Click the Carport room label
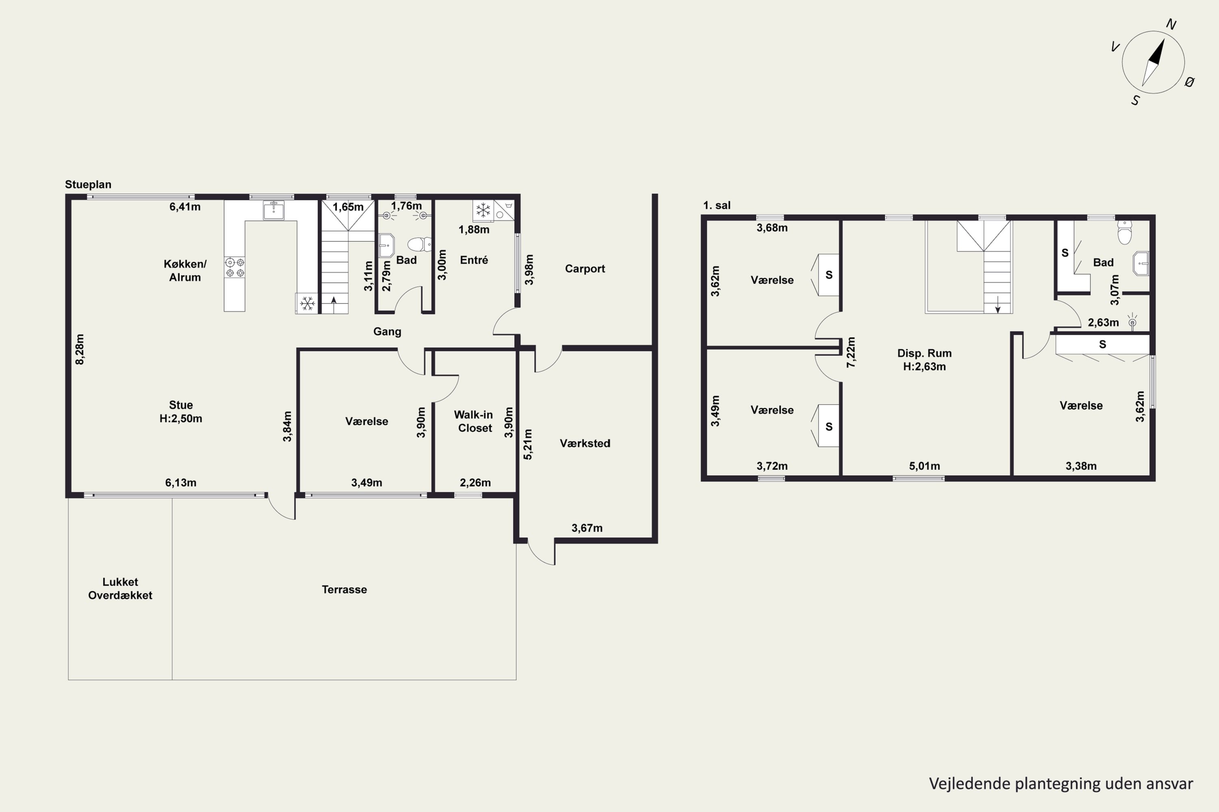point(585,269)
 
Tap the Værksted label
point(585,443)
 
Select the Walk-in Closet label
point(474,421)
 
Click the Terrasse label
point(344,590)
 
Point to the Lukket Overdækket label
point(120,588)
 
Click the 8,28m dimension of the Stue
point(80,349)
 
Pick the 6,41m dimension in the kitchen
point(185,207)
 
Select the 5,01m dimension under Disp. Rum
point(925,466)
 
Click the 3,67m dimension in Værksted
point(587,528)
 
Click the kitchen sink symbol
point(273,210)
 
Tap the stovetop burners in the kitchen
point(235,267)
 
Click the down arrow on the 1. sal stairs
point(998,304)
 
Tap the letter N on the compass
point(1171,24)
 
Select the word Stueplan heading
point(88,185)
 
